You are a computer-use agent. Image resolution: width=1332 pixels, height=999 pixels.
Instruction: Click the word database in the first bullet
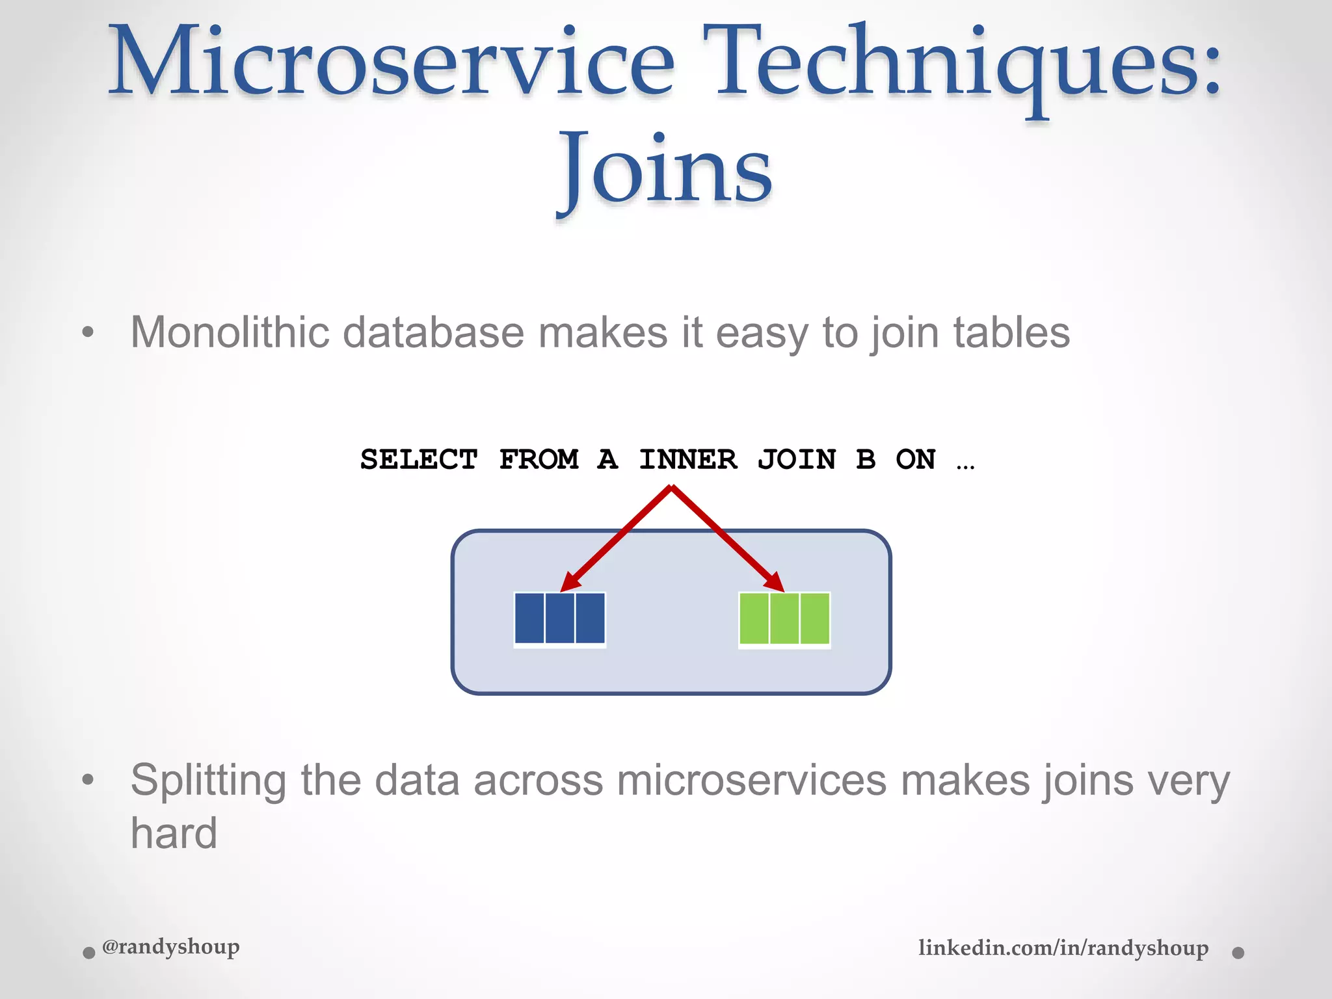coord(433,332)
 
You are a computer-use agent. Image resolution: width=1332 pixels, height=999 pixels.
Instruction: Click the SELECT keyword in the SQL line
coord(419,459)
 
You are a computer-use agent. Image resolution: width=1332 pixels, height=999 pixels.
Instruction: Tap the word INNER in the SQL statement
coord(688,459)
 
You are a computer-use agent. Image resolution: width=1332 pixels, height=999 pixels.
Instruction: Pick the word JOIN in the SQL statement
coord(797,459)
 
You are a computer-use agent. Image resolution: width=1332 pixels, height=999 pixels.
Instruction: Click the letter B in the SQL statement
coord(866,459)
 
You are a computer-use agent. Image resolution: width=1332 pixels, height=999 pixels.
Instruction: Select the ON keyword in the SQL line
coord(916,459)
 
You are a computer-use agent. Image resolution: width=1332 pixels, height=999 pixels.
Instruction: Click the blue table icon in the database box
coord(560,619)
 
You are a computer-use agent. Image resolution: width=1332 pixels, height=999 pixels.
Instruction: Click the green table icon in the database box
coord(784,619)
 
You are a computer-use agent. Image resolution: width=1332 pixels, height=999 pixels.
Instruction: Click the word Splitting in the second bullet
coord(208,780)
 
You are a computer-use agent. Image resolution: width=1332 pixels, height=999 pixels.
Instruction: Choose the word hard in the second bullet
coord(174,833)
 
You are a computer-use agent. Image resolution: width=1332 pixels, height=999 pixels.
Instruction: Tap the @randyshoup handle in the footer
coord(171,946)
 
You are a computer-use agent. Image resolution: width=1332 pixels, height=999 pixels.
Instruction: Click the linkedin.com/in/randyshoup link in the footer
coord(1063,948)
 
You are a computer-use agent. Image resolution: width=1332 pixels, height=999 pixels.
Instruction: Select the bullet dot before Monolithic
coord(88,333)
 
